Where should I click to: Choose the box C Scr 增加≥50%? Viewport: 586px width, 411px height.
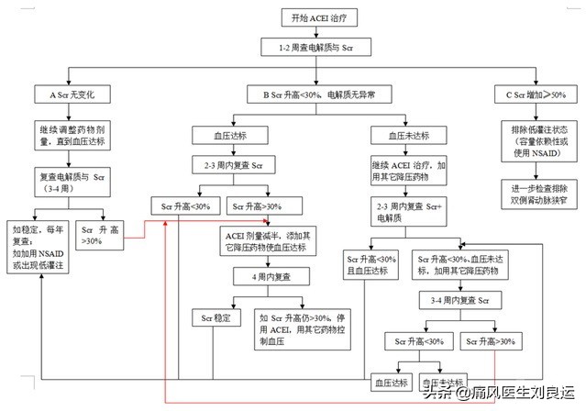pyautogui.click(x=536, y=94)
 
